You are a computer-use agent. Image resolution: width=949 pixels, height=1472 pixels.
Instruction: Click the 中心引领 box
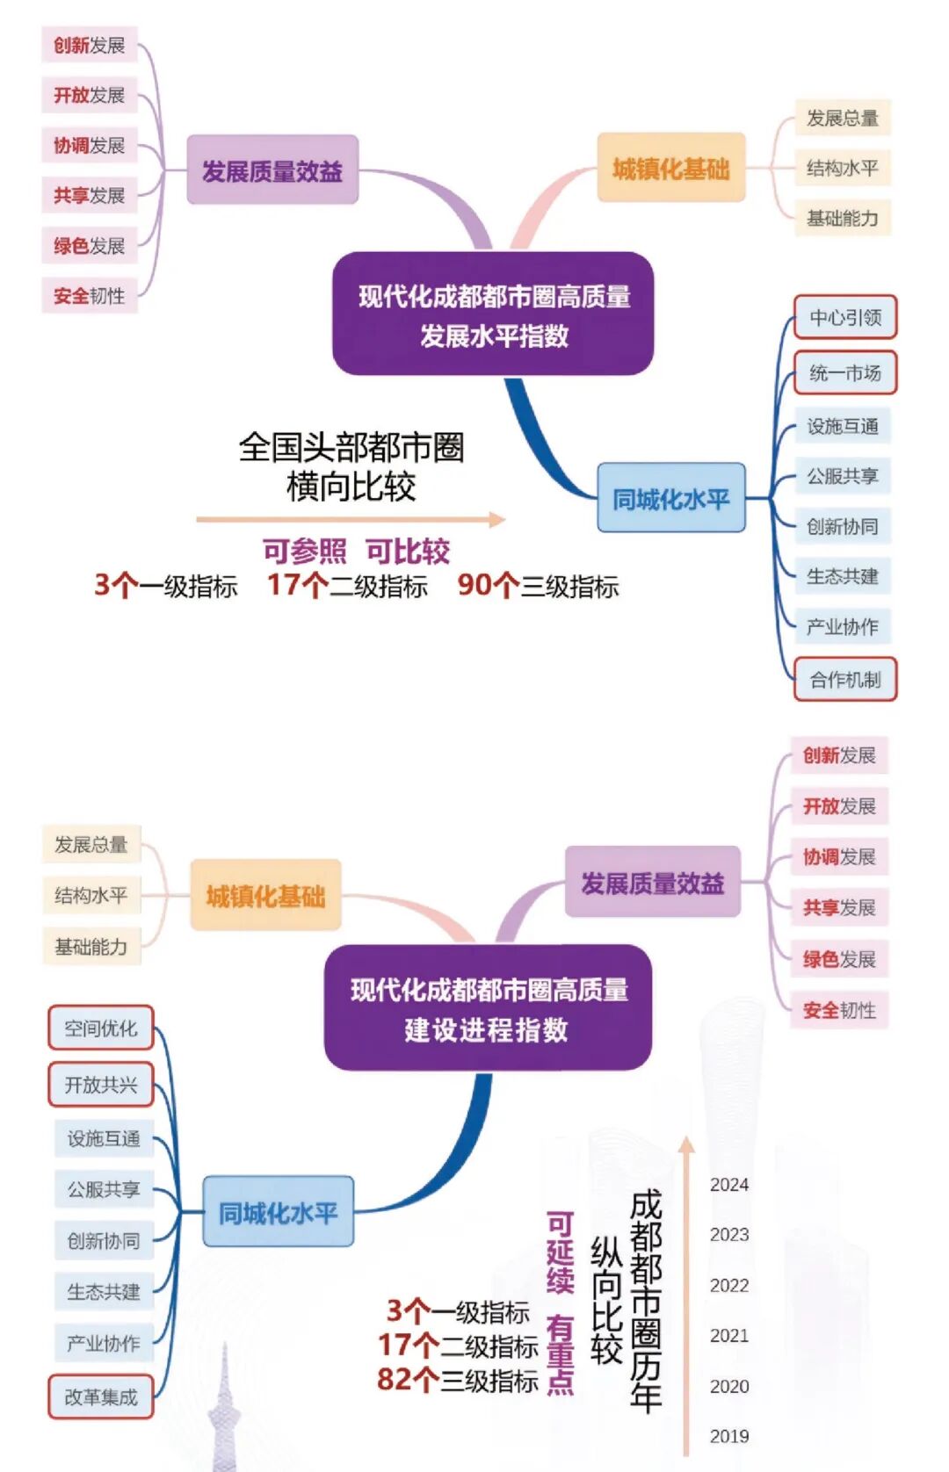click(x=845, y=317)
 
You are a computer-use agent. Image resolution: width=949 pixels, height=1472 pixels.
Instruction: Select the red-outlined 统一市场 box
click(x=845, y=373)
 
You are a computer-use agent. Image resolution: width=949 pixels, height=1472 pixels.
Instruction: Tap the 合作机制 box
click(x=845, y=679)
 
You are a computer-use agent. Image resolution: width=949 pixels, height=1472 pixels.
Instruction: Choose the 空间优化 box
click(x=100, y=1028)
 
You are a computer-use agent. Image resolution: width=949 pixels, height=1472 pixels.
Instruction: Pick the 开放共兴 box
click(x=100, y=1085)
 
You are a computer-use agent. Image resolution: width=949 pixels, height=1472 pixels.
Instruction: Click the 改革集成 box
click(x=100, y=1396)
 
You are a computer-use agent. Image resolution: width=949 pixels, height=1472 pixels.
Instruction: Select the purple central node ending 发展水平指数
click(x=493, y=314)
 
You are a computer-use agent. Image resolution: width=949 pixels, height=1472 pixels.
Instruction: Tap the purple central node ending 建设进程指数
click(x=488, y=1008)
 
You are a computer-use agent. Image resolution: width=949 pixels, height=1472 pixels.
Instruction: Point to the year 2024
click(x=729, y=1185)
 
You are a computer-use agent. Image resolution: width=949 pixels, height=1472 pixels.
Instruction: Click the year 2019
click(x=729, y=1436)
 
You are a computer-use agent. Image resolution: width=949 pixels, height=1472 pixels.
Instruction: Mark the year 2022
click(x=729, y=1286)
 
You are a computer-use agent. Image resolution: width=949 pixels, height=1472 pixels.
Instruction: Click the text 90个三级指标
click(x=538, y=586)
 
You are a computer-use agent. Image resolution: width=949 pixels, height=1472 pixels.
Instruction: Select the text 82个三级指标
click(x=458, y=1380)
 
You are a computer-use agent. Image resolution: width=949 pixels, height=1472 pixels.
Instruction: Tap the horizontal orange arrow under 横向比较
click(x=351, y=519)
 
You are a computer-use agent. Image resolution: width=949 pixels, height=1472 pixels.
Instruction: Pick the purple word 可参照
click(x=304, y=552)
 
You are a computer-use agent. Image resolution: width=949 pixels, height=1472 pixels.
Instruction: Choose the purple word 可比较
click(x=408, y=552)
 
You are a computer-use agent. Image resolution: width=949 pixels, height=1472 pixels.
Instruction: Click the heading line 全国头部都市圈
click(x=351, y=447)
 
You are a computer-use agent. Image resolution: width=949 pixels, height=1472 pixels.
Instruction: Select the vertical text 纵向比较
click(x=606, y=1300)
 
